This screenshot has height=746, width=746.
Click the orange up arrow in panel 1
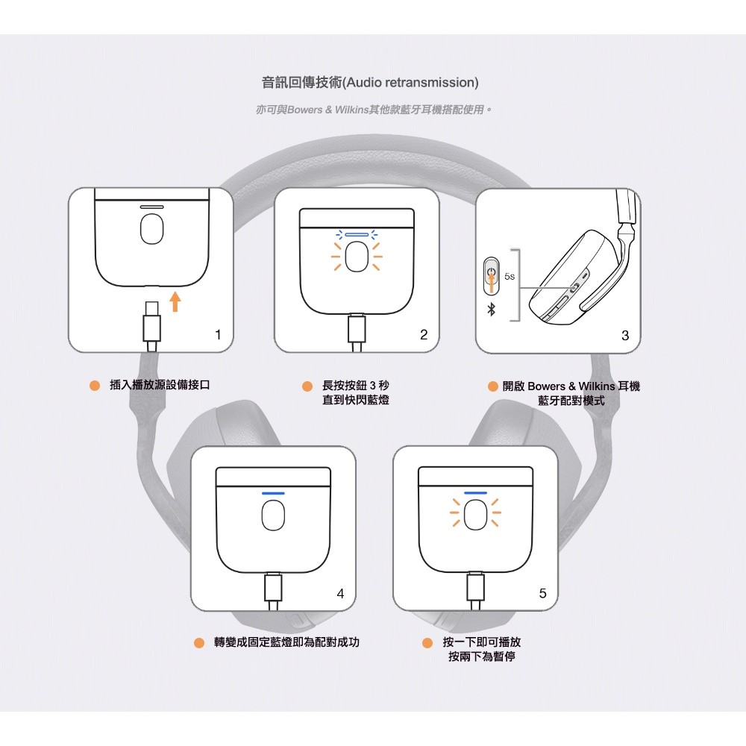(175, 301)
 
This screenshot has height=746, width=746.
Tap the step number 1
(218, 334)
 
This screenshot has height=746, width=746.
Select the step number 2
(424, 334)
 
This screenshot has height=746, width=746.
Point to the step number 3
(625, 336)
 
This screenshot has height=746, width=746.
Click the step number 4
(340, 593)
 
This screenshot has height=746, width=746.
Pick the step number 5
(542, 593)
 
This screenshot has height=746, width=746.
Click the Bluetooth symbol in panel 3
(492, 310)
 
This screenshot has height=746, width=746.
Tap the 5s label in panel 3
(509, 277)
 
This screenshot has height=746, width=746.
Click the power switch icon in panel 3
(492, 276)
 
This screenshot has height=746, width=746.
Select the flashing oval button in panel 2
(357, 257)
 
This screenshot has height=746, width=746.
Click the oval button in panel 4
(273, 515)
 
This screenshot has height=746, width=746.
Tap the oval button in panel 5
(475, 515)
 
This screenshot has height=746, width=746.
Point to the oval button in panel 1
(151, 229)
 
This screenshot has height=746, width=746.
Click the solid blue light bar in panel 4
(273, 493)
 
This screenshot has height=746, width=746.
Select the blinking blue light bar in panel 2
(357, 234)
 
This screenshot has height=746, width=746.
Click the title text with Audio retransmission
(370, 82)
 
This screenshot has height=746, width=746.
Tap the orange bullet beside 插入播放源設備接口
(95, 386)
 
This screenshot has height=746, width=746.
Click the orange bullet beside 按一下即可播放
(427, 643)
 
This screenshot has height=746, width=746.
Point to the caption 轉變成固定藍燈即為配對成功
(286, 642)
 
